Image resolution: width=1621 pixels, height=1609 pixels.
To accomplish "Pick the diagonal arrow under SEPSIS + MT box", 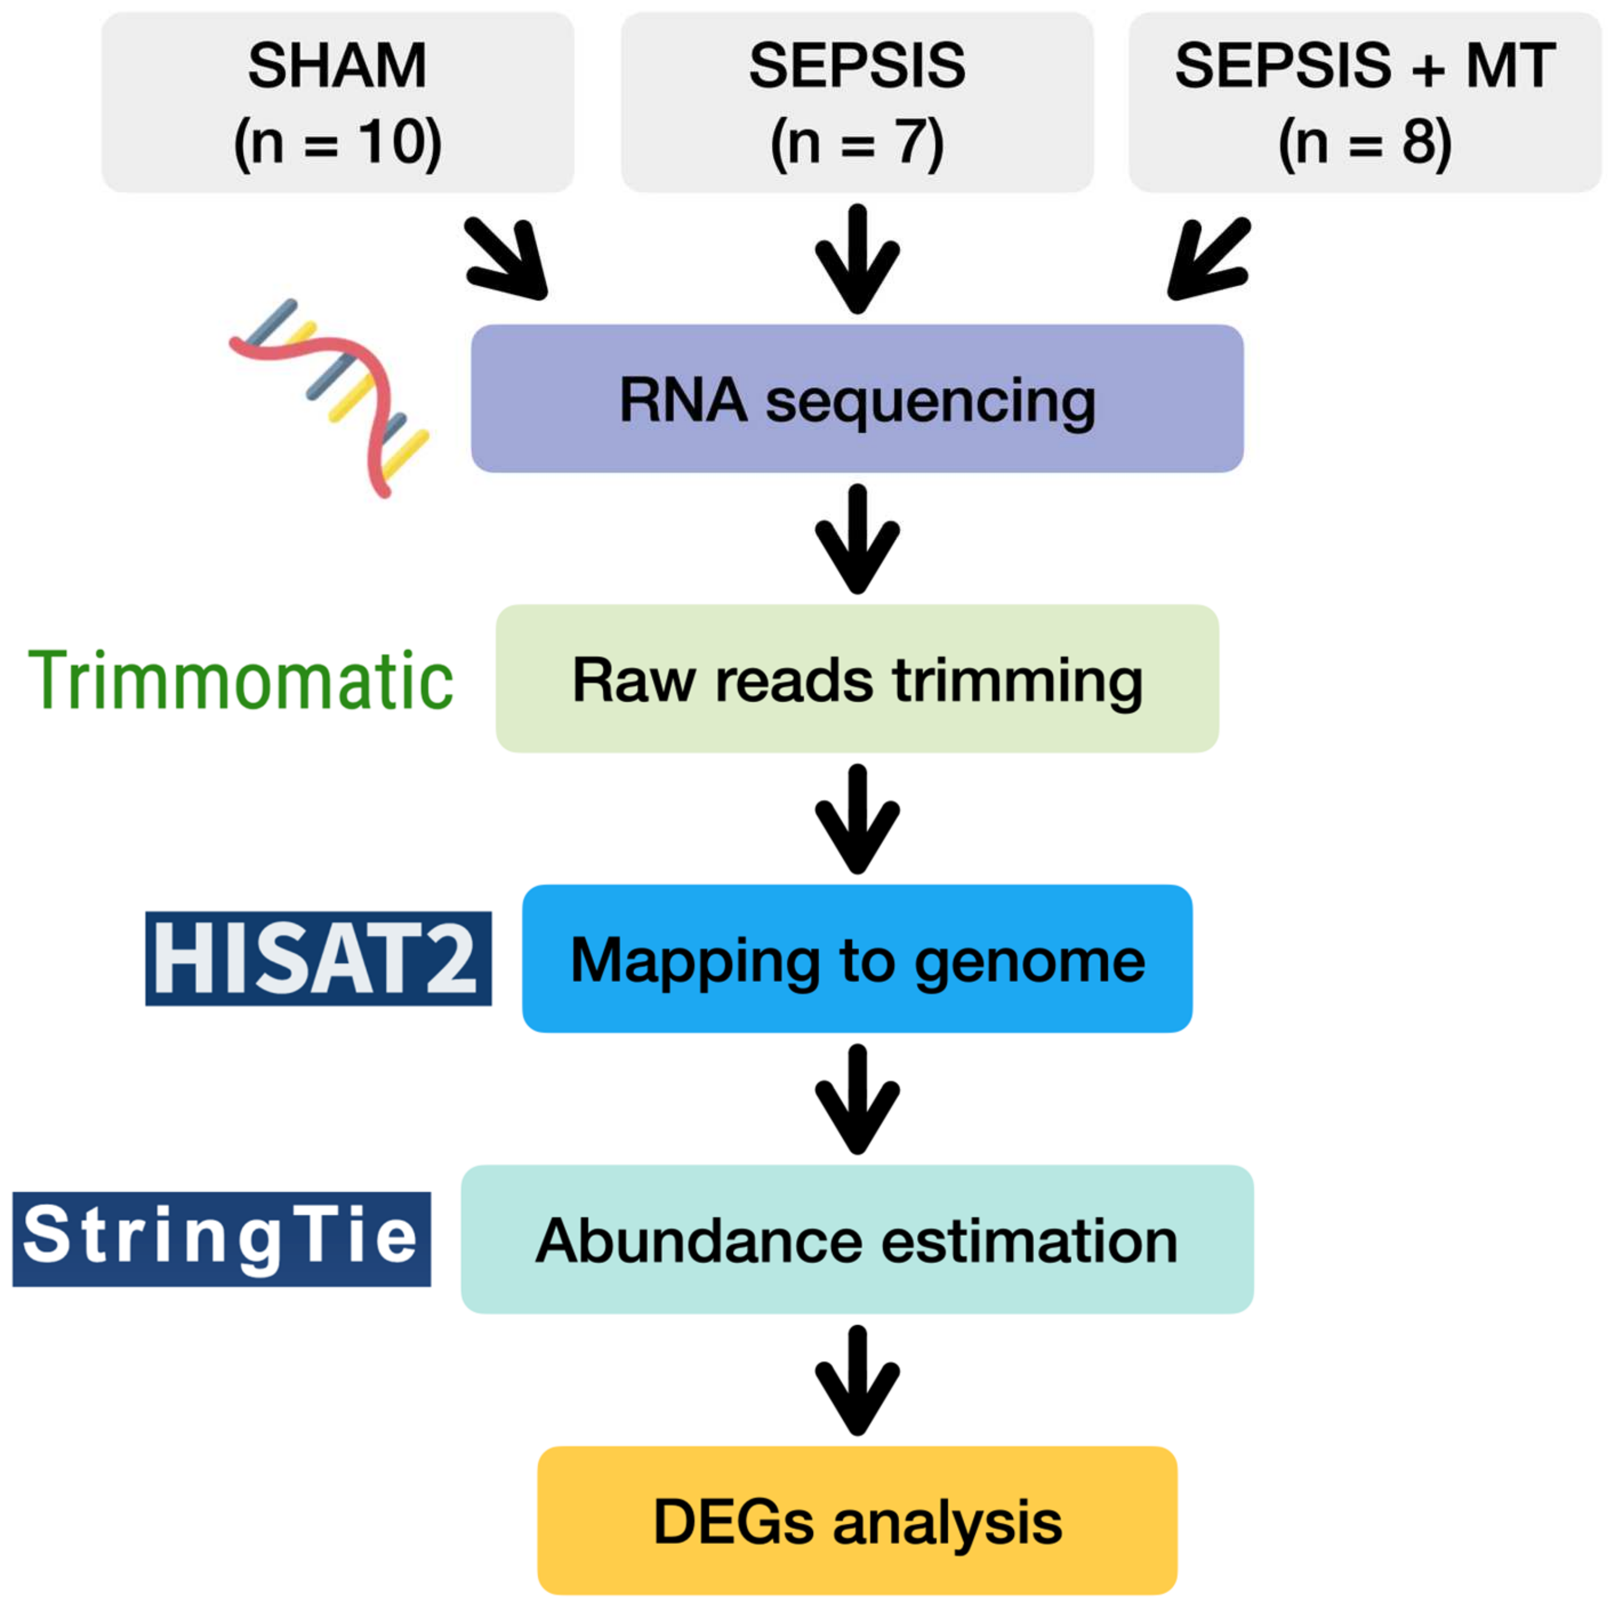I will pyautogui.click(x=1208, y=258).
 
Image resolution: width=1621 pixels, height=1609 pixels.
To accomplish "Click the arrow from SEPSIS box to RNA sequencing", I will pyautogui.click(x=857, y=258).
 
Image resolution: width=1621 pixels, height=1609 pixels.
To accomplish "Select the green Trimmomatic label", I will pyautogui.click(x=241, y=681).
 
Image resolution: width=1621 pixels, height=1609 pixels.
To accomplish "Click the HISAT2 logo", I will pyautogui.click(x=318, y=958).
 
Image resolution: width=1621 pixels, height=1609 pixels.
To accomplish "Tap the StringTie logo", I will pyautogui.click(x=222, y=1238).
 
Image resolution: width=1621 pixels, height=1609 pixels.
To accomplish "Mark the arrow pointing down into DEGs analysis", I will pyautogui.click(x=857, y=1379).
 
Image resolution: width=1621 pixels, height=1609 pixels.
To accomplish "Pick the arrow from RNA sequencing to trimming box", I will pyautogui.click(x=857, y=538).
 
